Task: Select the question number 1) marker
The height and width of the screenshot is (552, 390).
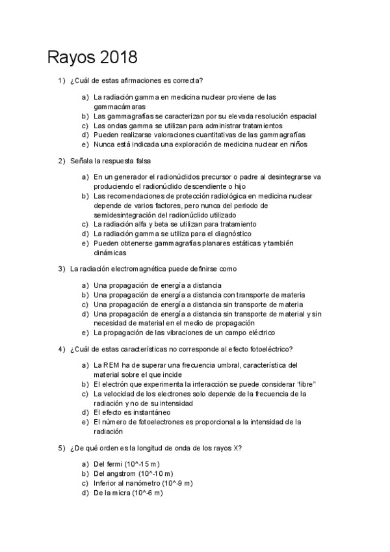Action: click(62, 80)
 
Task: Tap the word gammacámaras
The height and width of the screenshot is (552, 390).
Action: click(119, 106)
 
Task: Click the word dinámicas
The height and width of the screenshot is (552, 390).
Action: click(110, 253)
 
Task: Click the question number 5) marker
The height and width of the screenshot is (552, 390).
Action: click(62, 448)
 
